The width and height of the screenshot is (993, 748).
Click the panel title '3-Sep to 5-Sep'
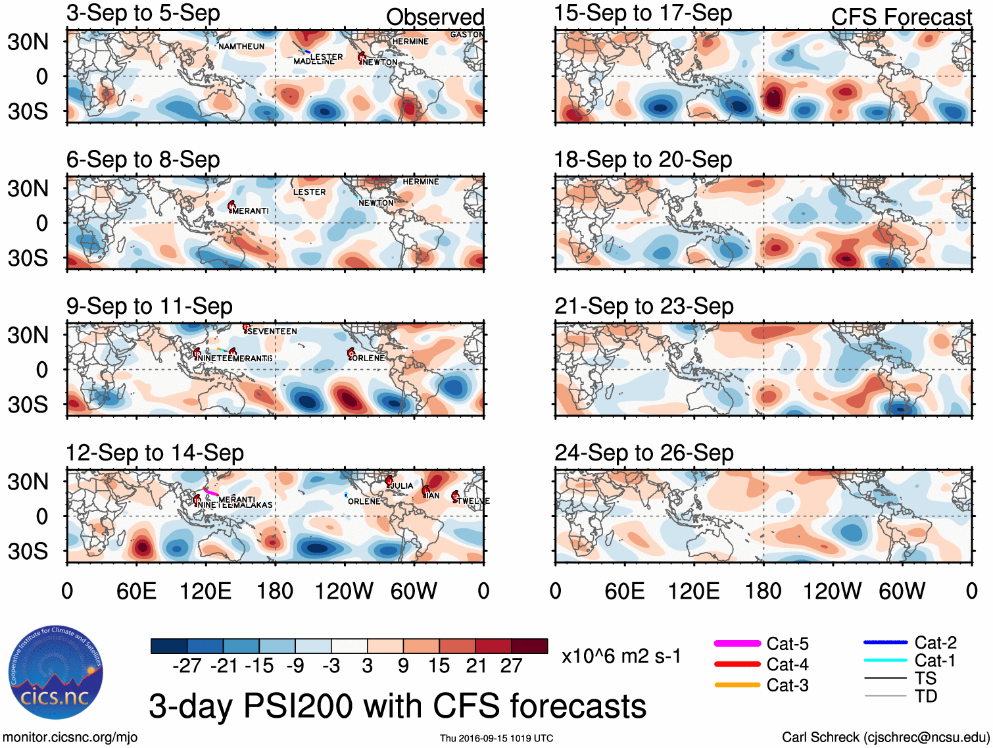tap(143, 13)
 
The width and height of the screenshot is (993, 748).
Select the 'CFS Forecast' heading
tap(901, 17)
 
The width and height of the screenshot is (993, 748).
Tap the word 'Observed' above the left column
tap(435, 17)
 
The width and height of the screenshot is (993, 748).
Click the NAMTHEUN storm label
tap(241, 47)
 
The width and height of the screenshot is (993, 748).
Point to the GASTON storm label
tap(466, 35)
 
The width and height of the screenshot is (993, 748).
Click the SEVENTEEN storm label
tap(272, 332)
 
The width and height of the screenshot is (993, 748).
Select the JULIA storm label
tap(402, 486)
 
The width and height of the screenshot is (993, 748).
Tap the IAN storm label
tap(432, 495)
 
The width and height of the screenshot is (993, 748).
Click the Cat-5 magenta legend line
tap(737, 643)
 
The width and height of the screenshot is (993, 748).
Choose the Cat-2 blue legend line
tap(885, 642)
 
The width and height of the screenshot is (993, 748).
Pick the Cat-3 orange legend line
tap(737, 685)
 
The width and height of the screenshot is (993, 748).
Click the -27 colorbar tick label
tap(187, 666)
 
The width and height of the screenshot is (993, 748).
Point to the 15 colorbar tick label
tap(439, 666)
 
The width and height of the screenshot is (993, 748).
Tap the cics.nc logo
tap(55, 672)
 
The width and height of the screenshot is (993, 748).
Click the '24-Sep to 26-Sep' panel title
tap(644, 453)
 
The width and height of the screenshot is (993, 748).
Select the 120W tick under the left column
tap(344, 591)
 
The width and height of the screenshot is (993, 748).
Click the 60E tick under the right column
tap(624, 591)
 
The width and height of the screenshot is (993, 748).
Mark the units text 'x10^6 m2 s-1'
tap(621, 656)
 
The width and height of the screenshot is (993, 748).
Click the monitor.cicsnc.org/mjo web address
tap(70, 737)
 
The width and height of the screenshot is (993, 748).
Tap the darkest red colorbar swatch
tap(529, 646)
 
